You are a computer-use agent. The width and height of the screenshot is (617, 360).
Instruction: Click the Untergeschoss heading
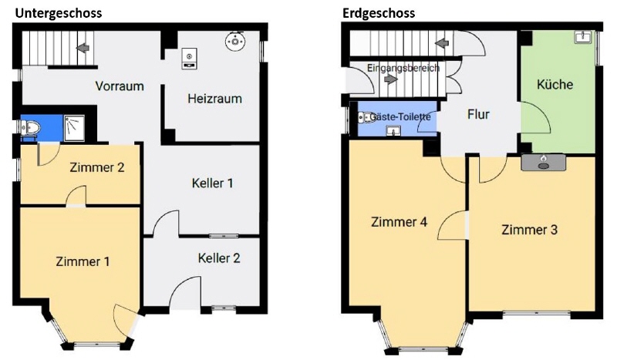tap(58, 13)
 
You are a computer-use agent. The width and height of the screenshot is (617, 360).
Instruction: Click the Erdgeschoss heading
tap(379, 13)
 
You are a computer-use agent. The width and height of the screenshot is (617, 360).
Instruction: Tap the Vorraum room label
tap(120, 86)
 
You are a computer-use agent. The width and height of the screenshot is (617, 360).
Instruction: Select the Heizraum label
tap(214, 99)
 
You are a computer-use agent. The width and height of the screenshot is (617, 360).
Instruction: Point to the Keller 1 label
tap(212, 183)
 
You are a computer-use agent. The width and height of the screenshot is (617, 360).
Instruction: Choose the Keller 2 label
tap(219, 257)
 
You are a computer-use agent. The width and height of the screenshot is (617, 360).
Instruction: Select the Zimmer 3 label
tap(529, 229)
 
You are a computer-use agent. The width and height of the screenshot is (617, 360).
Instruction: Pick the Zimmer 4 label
tap(399, 222)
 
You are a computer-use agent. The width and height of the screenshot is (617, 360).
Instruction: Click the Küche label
tap(555, 84)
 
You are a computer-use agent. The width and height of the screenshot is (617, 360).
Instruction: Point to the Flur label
tap(479, 115)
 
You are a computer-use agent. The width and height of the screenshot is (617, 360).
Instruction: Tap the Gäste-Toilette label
tap(400, 116)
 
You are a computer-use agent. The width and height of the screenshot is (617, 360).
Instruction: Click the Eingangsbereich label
tap(403, 69)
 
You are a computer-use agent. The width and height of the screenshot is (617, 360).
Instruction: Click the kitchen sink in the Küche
tap(583, 36)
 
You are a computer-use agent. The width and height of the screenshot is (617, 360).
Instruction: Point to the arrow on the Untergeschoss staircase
tap(81, 49)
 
